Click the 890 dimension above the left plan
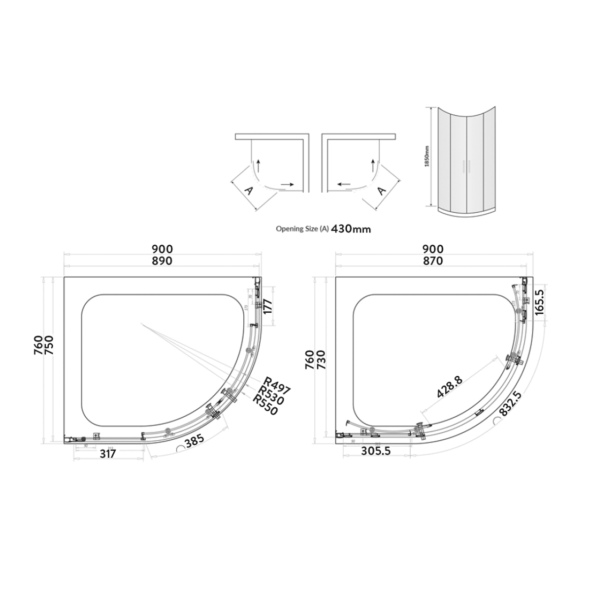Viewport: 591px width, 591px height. click(x=162, y=261)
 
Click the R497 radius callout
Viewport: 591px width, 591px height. click(x=277, y=385)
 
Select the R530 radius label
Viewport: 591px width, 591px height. click(x=271, y=395)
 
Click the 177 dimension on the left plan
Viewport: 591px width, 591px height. click(x=267, y=312)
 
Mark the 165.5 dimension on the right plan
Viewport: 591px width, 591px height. click(x=538, y=302)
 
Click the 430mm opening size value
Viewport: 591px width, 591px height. click(x=351, y=229)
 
